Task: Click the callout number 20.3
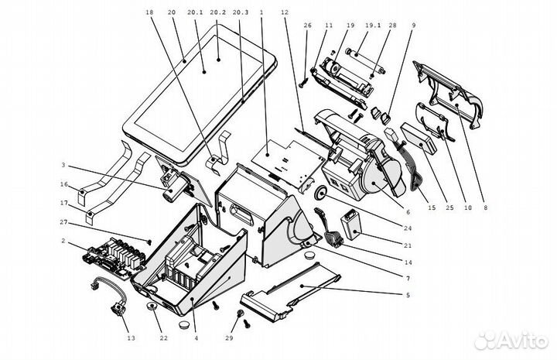point(240,12)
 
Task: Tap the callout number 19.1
point(373,26)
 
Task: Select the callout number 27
point(63,222)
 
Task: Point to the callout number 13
point(131,338)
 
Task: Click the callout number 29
point(230,338)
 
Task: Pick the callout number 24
point(408,228)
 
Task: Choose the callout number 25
point(449,208)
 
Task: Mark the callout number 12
point(285,12)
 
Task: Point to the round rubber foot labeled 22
point(153,307)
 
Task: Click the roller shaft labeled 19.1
point(365,63)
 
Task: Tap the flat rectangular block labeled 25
point(419,138)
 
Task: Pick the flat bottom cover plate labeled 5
point(290,292)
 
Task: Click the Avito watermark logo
point(511,340)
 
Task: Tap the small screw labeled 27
point(149,242)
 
